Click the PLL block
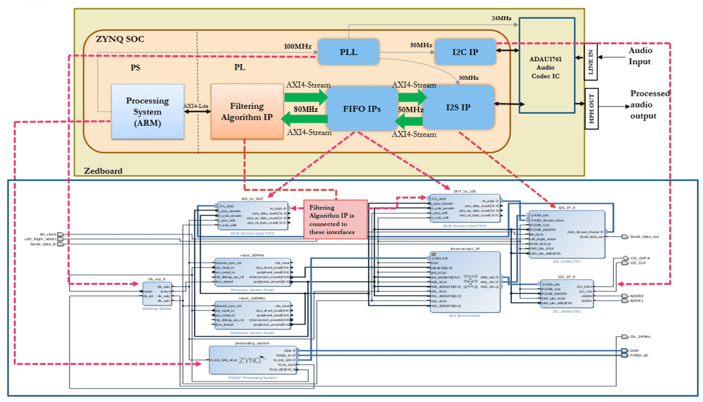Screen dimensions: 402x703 tap(348, 52)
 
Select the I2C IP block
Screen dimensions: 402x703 tap(465, 53)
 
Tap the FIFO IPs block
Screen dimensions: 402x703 tap(361, 109)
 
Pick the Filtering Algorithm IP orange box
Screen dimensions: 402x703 tap(247, 110)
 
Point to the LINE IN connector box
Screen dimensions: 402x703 tap(591, 62)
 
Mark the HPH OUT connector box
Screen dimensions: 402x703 tap(591, 106)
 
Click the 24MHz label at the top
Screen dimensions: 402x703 tap(501, 18)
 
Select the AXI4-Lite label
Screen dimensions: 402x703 tap(196, 105)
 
